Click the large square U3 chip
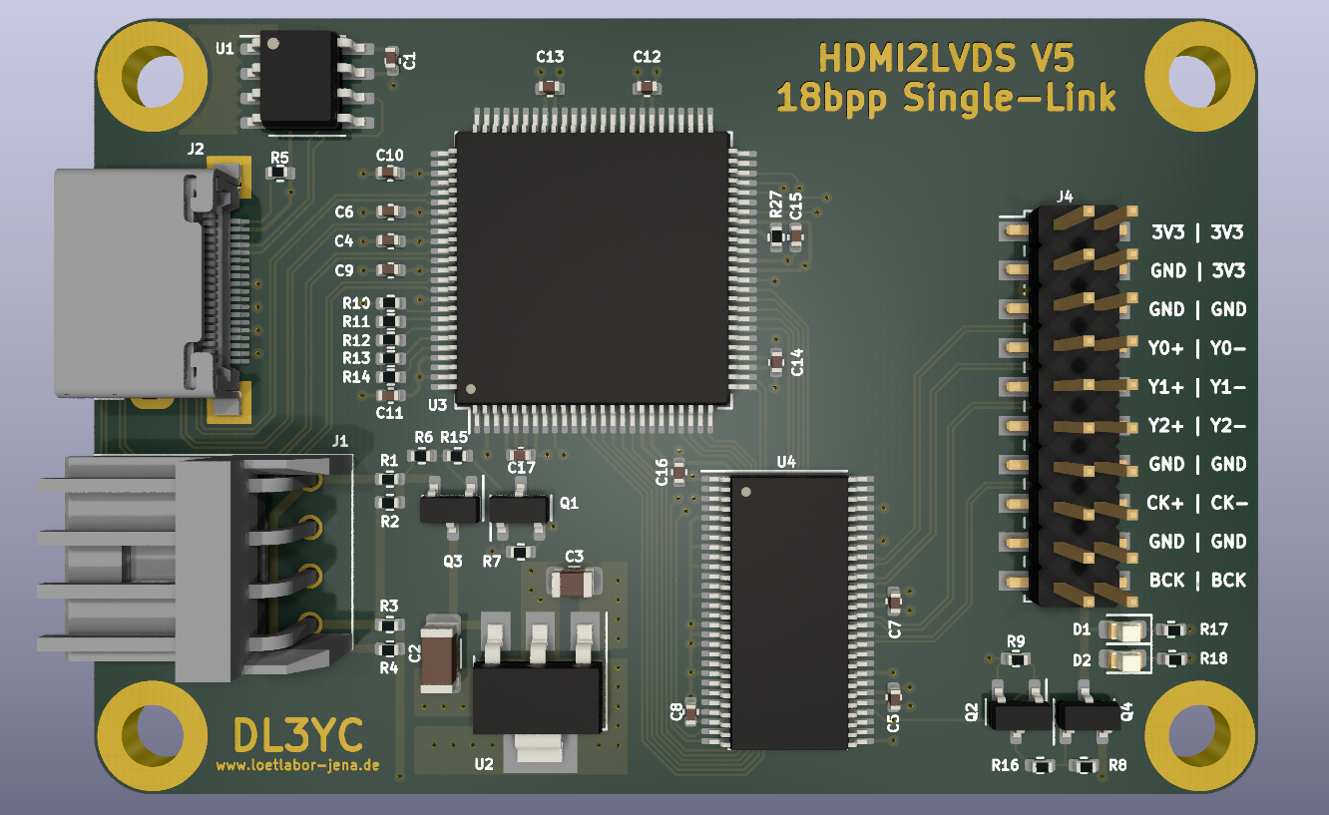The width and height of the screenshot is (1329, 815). pyautogui.click(x=592, y=268)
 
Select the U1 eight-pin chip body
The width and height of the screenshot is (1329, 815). pyautogui.click(x=298, y=79)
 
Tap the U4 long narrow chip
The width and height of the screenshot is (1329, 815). pyautogui.click(x=789, y=611)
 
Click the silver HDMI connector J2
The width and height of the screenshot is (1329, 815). pyautogui.click(x=149, y=284)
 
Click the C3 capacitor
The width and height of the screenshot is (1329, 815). pyautogui.click(x=573, y=584)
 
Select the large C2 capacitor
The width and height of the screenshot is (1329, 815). pyautogui.click(x=440, y=654)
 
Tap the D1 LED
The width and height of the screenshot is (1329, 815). pyautogui.click(x=1124, y=629)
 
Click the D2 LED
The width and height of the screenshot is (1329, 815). pyautogui.click(x=1124, y=660)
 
